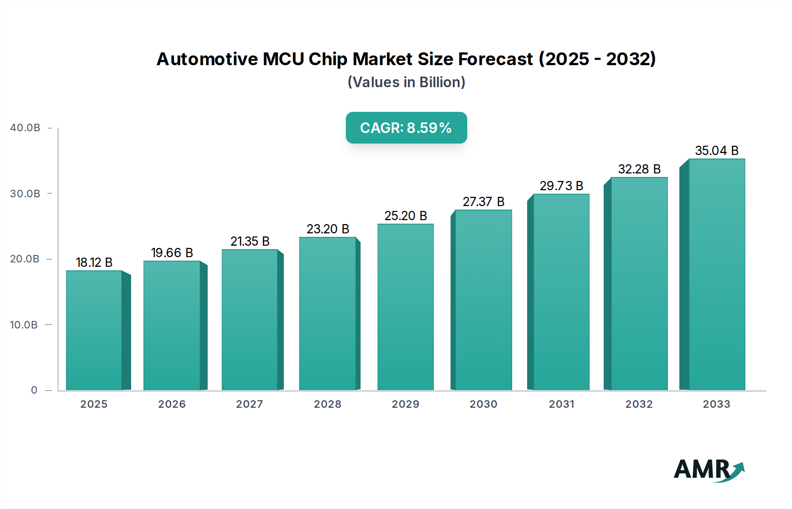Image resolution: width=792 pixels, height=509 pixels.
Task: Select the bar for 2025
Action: pyautogui.click(x=94, y=330)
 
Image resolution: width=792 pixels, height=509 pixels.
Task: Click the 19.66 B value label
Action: pyautogui.click(x=172, y=253)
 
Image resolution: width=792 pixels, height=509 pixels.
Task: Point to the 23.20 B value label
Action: pyautogui.click(x=328, y=229)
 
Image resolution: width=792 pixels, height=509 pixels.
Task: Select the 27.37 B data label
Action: pyautogui.click(x=483, y=202)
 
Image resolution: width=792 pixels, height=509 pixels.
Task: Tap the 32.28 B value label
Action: pyautogui.click(x=639, y=169)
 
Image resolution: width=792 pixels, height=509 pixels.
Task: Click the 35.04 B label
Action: pyautogui.click(x=716, y=151)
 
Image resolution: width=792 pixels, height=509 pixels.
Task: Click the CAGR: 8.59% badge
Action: pyautogui.click(x=406, y=128)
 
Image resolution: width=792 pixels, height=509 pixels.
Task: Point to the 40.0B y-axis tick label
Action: pyautogui.click(x=25, y=128)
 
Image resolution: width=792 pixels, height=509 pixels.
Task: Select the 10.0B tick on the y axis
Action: pyautogui.click(x=24, y=325)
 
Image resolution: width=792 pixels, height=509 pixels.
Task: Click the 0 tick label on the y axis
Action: pyautogui.click(x=34, y=390)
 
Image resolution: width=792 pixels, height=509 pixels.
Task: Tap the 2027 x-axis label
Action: pyautogui.click(x=249, y=404)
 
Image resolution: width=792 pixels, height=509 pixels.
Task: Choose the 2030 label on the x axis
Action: pyautogui.click(x=483, y=404)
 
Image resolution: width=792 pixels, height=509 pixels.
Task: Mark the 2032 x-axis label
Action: pyautogui.click(x=639, y=404)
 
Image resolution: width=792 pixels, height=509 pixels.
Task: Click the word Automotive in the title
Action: pyautogui.click(x=207, y=59)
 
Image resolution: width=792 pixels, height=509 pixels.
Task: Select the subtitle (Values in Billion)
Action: pyautogui.click(x=406, y=82)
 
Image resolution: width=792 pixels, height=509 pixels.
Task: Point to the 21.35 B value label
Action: pyautogui.click(x=250, y=241)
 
